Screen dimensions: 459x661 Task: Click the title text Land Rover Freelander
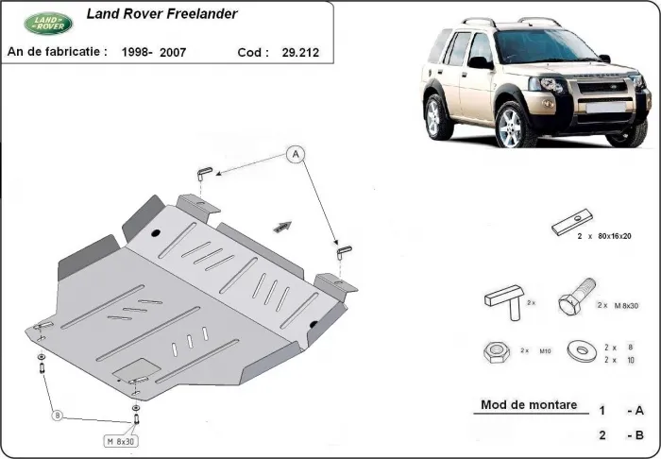coord(161,14)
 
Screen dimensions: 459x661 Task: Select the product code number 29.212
coord(300,53)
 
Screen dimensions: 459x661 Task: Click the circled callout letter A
coord(295,153)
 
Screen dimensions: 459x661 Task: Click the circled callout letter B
coord(57,415)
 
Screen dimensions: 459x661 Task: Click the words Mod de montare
coord(528,405)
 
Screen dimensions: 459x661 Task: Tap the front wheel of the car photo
coord(512,126)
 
